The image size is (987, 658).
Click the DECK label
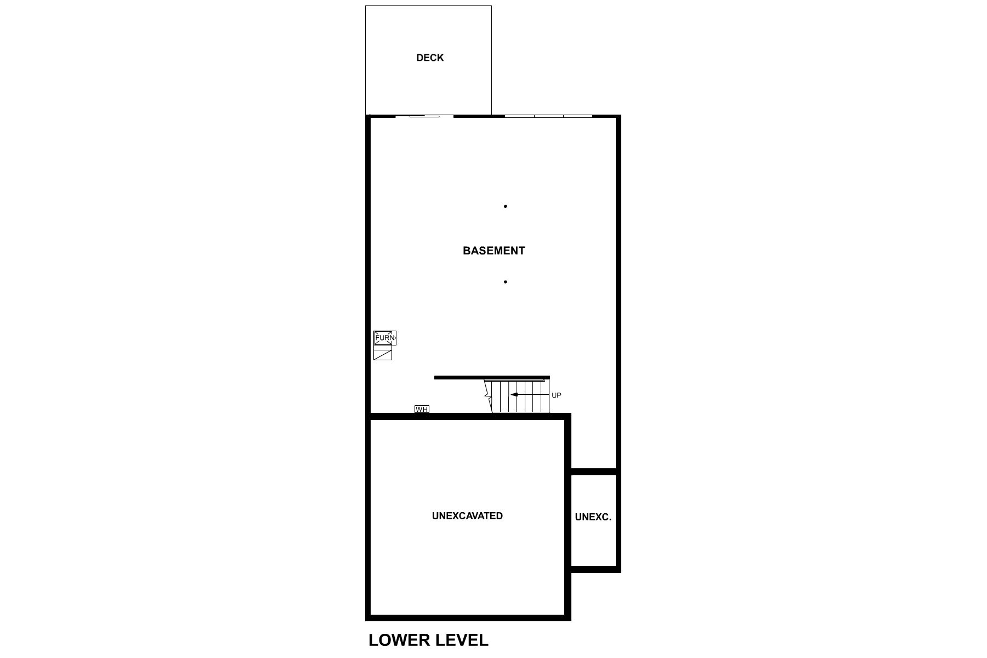pyautogui.click(x=430, y=58)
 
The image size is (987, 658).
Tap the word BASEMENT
pyautogui.click(x=493, y=251)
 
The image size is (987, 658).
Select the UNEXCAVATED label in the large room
pyautogui.click(x=467, y=516)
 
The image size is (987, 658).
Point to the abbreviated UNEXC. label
pyautogui.click(x=593, y=517)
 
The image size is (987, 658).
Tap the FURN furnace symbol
pyautogui.click(x=384, y=338)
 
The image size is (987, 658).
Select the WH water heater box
pyautogui.click(x=422, y=410)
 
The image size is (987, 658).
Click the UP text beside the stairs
pyautogui.click(x=557, y=395)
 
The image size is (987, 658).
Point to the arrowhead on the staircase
pyautogui.click(x=514, y=395)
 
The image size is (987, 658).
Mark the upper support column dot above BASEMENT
pyautogui.click(x=505, y=206)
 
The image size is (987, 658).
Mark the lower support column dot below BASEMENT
pyautogui.click(x=505, y=282)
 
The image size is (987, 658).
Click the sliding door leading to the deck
pyautogui.click(x=424, y=116)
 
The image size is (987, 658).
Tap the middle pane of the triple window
pyautogui.click(x=549, y=116)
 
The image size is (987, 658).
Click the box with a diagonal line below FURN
pyautogui.click(x=383, y=354)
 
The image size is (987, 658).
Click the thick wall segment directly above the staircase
pyautogui.click(x=492, y=377)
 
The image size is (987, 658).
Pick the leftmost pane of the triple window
pyautogui.click(x=519, y=116)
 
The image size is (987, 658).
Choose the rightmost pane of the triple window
pyautogui.click(x=578, y=116)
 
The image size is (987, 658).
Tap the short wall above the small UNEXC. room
pyautogui.click(x=594, y=471)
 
